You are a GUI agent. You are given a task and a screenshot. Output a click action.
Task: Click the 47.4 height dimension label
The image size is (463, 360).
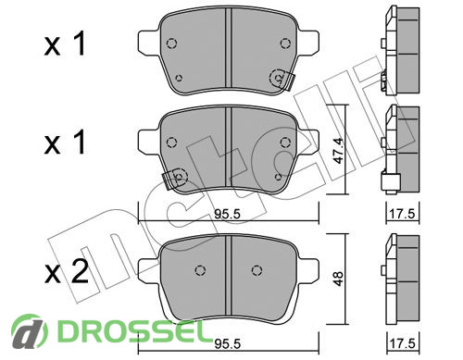(x=339, y=150)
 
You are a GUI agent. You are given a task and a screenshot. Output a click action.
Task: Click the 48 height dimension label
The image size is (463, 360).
(x=339, y=279)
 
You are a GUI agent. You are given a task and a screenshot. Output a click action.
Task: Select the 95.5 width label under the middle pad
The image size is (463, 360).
(x=228, y=214)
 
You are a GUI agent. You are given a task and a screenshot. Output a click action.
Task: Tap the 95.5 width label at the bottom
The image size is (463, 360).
(x=228, y=343)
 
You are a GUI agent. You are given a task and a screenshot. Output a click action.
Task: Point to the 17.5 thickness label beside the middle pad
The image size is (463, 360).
(x=403, y=214)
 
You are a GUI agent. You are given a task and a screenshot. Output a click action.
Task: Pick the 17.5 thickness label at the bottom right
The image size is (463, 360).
(x=403, y=343)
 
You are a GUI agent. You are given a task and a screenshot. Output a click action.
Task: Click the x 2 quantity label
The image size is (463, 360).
(x=67, y=272)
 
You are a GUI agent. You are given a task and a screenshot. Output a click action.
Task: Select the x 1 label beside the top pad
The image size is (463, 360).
(x=65, y=44)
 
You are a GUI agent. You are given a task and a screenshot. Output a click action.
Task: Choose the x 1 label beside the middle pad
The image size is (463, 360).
(x=65, y=143)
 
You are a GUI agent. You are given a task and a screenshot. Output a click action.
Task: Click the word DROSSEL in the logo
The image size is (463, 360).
(x=131, y=332)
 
